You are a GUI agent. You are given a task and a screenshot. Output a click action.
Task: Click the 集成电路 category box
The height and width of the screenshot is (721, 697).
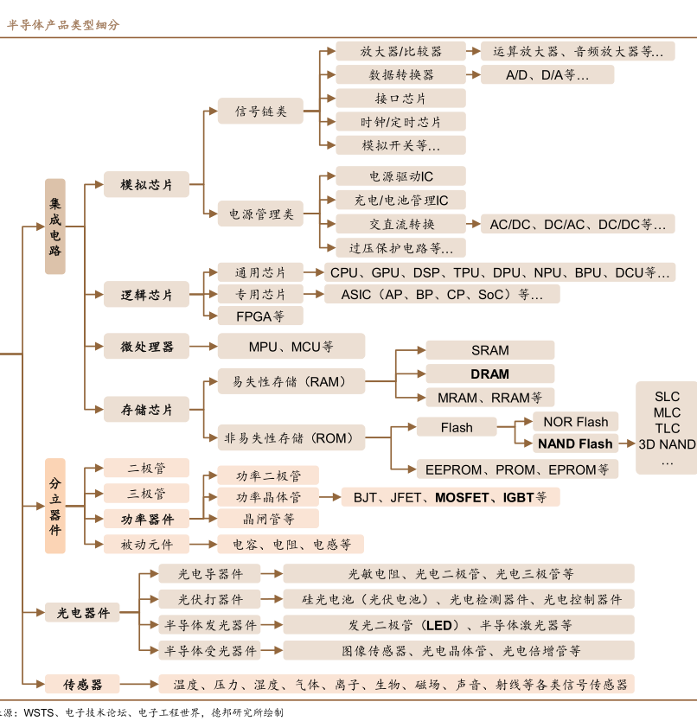point(55,227)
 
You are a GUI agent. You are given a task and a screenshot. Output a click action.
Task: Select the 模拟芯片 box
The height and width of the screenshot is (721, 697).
point(147,185)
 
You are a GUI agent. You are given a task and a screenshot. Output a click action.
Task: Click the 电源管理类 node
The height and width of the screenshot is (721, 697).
point(260,214)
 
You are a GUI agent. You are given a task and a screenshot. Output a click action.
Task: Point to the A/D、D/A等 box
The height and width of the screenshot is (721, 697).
point(547,75)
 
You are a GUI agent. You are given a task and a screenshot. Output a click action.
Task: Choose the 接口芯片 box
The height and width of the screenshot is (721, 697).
point(400,99)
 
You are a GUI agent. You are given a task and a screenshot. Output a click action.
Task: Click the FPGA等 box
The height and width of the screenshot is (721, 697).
point(260,316)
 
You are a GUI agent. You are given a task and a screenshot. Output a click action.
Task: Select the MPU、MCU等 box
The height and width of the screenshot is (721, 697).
point(291,347)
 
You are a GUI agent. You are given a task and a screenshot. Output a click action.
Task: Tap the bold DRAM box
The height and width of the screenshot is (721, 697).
point(489,374)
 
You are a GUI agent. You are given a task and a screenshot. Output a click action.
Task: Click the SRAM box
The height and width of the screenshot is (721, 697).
point(489,350)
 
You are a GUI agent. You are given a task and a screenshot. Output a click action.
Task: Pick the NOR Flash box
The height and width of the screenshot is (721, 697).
point(575,422)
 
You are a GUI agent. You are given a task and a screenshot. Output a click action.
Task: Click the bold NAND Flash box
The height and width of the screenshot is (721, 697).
point(575,444)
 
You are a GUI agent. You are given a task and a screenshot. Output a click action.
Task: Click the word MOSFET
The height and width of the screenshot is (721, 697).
point(463,497)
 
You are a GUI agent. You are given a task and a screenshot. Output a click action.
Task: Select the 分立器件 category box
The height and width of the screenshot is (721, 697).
point(55,506)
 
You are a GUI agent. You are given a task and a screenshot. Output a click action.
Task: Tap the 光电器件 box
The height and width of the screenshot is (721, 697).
point(83,613)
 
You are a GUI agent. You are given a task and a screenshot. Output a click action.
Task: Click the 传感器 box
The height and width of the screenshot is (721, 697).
point(83,684)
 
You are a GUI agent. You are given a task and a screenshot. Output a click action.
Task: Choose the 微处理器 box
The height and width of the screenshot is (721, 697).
point(147,347)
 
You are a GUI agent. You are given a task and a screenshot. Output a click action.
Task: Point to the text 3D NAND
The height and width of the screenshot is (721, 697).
point(667,444)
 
